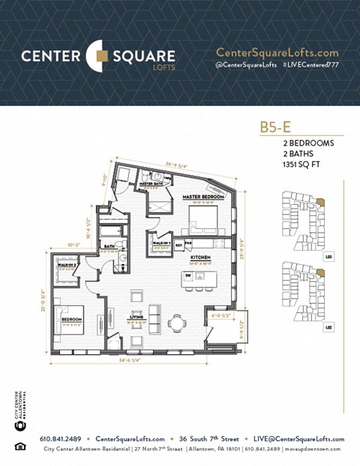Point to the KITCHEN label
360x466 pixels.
click(x=199, y=257)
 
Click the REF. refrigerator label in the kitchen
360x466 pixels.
click(x=178, y=245)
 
